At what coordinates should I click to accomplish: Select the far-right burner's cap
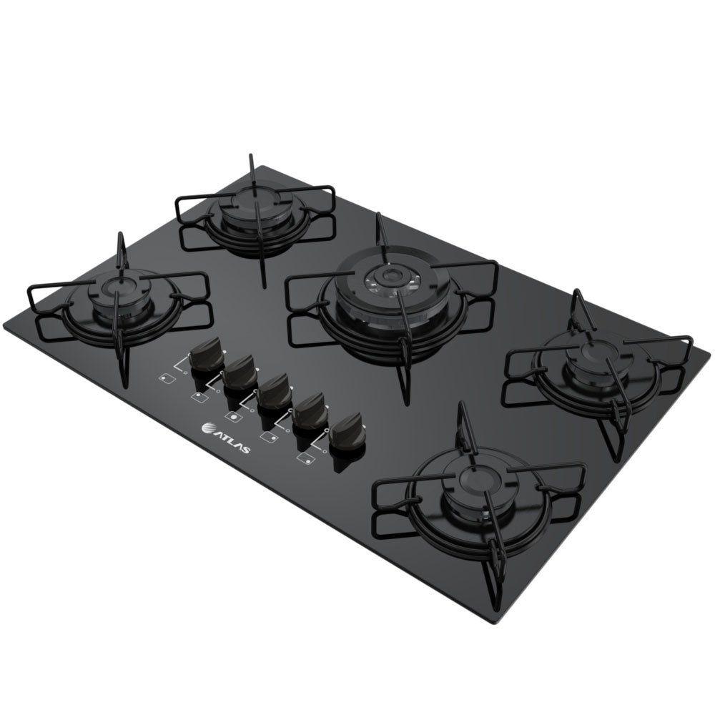pyautogui.click(x=591, y=350)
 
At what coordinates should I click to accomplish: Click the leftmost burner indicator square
pyautogui.click(x=166, y=378)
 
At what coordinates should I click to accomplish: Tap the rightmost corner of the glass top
pyautogui.click(x=692, y=342)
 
